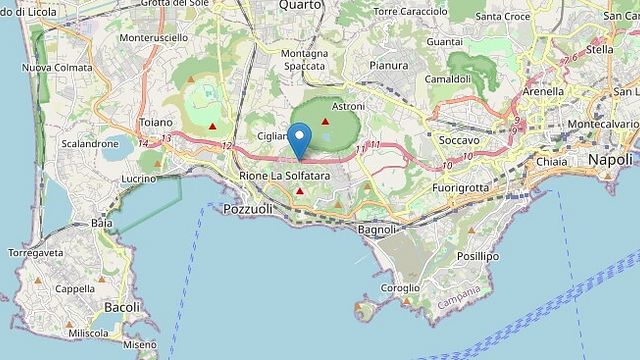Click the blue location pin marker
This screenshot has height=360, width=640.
point(300,139)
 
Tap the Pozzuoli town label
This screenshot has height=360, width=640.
point(247,209)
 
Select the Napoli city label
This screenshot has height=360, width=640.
point(610,160)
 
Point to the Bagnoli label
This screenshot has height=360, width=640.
point(377,229)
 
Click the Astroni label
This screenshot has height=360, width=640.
point(348,105)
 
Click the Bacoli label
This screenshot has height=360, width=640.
point(122,307)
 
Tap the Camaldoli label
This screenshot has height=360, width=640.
point(447,78)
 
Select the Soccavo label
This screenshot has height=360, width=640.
point(459,141)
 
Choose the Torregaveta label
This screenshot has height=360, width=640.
point(36,253)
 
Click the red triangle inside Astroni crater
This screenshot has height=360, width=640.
point(325,121)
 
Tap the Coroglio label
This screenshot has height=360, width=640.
point(401,288)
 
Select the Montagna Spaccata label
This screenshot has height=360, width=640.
point(304,59)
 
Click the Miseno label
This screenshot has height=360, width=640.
point(140,344)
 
